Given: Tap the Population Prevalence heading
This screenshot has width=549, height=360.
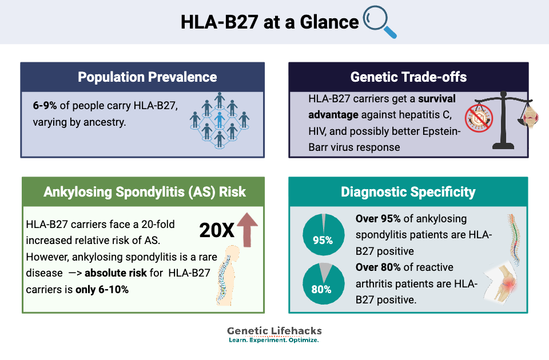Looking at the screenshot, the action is coord(148,77).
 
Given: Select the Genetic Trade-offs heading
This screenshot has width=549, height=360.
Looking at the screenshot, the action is coord(408,77).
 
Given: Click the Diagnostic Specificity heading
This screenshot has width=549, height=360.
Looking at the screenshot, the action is coord(408,192).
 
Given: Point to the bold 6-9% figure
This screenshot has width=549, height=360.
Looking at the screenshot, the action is coord(45,105).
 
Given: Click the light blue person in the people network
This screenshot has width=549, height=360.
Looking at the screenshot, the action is coord(220,119).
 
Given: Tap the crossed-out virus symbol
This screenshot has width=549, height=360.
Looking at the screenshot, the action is coord(479,118).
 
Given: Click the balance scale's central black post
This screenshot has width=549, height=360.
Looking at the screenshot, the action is coord(503,121).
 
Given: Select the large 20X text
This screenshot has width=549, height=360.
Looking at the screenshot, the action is coord(217,230).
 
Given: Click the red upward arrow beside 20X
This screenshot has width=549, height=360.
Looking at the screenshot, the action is coord(248,229).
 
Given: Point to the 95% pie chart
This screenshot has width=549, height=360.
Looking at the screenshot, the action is coord(324,234).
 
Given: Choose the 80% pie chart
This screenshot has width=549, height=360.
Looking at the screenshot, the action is coord(324,283).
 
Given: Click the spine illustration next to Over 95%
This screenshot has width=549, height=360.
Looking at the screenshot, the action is coord(514,239).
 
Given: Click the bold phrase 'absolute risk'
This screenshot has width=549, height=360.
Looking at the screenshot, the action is coord(116,273).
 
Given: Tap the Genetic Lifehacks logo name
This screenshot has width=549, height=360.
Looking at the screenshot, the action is coord(274,331).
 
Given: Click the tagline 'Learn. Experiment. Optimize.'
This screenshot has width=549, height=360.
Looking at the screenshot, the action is coord(274,340).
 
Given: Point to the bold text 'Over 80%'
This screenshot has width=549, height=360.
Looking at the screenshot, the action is coord(378,267).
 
